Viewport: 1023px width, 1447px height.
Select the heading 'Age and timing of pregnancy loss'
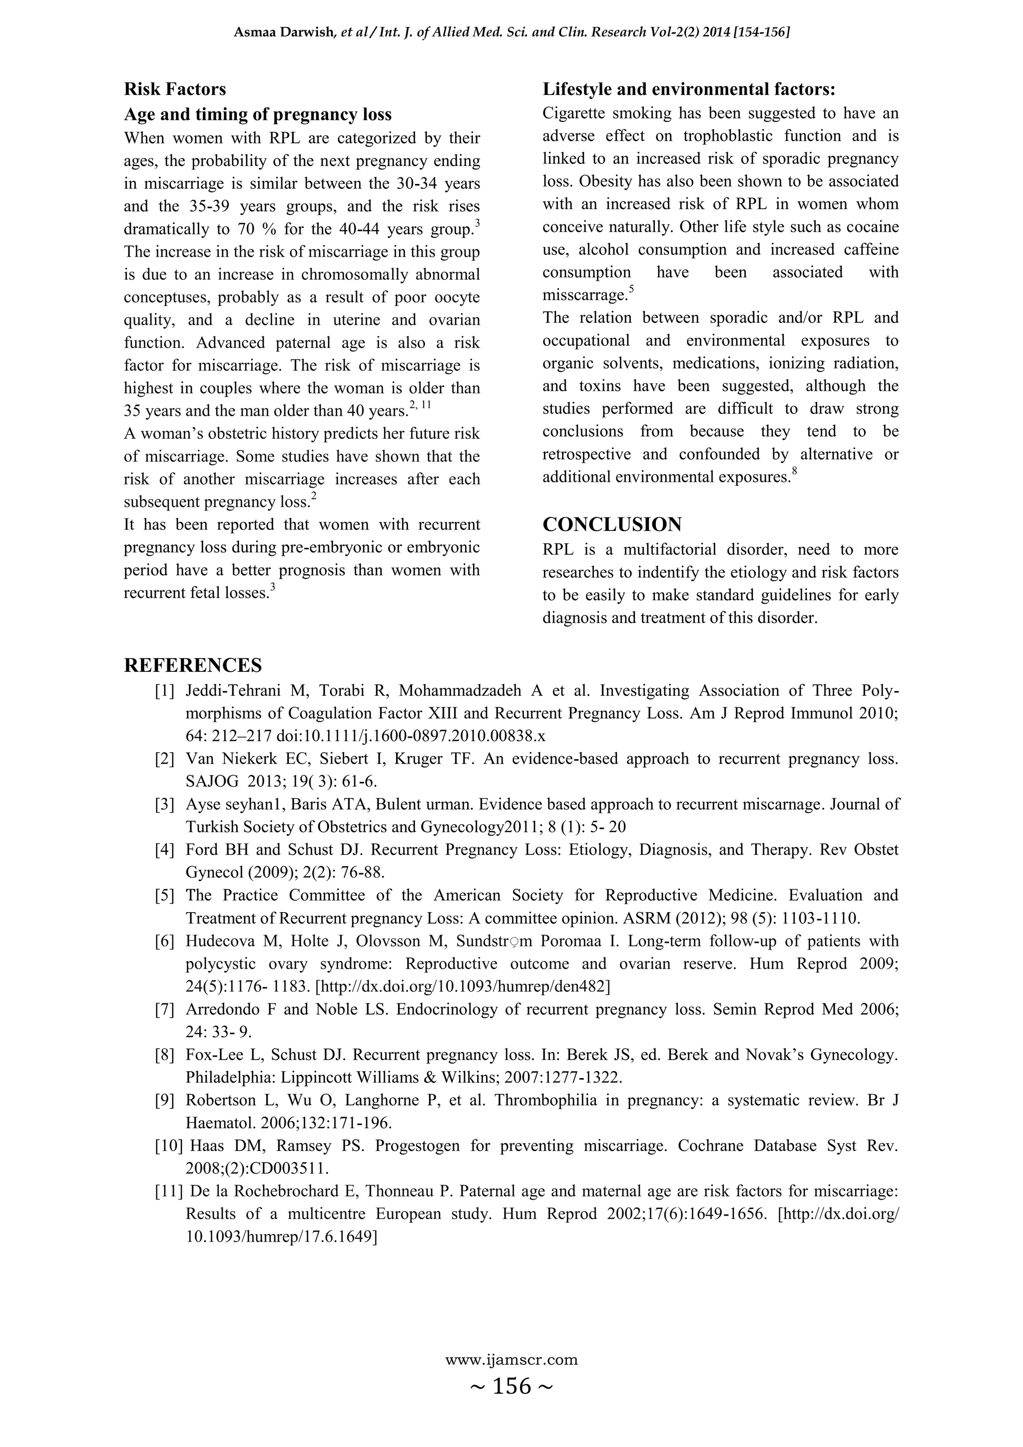[x=258, y=114]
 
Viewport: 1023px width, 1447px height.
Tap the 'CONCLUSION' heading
[x=612, y=524]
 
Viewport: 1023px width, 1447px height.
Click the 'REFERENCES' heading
[x=193, y=665]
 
